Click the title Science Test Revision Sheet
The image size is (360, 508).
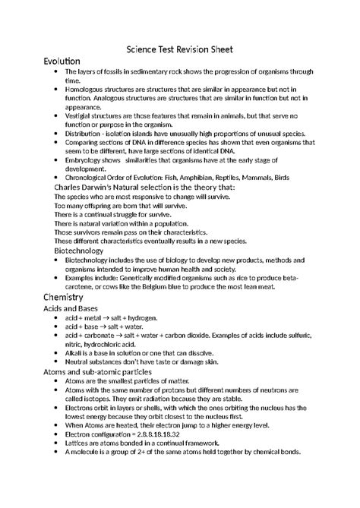tap(179, 49)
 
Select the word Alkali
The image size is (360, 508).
tap(75, 353)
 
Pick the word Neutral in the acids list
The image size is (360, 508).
tap(79, 362)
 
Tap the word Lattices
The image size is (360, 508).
tap(80, 443)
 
